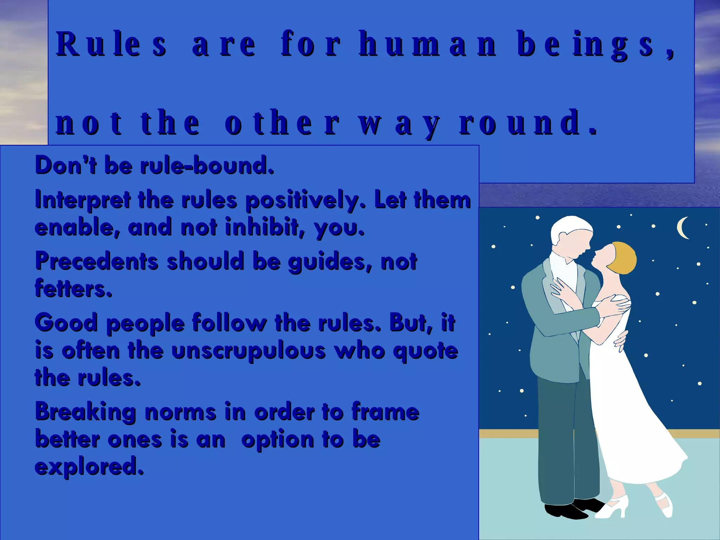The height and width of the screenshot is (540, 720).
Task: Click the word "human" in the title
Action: [x=427, y=45]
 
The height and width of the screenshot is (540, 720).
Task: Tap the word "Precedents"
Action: [x=97, y=261]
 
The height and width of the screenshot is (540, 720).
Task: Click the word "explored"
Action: [x=89, y=467]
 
